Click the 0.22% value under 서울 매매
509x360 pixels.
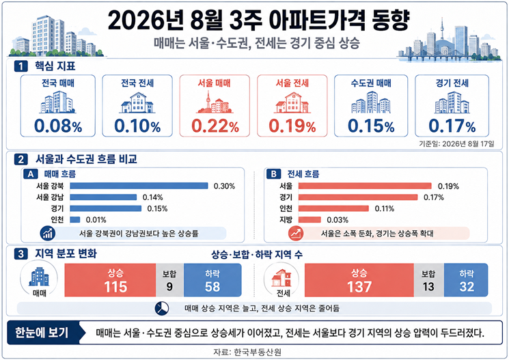tap(215, 126)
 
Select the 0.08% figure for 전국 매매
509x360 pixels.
tap(58, 126)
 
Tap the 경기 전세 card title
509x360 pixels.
tap(452, 83)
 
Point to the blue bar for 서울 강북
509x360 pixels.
tap(139, 186)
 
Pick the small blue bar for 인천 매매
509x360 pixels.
tap(75, 220)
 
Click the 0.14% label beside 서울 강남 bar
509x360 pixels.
tap(152, 197)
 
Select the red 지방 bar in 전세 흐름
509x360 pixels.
tap(309, 220)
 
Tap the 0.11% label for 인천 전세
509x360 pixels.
tap(385, 208)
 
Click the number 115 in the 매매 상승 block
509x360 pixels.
tap(115, 287)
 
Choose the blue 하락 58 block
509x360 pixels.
tap(212, 280)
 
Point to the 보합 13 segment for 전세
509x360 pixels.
tap(428, 280)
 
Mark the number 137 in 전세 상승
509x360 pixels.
tap(359, 287)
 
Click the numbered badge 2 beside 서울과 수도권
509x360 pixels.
tap(20, 159)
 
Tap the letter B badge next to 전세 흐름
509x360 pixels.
tap(274, 174)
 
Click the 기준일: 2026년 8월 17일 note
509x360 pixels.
tap(456, 144)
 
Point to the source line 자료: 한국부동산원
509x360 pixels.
tap(247, 352)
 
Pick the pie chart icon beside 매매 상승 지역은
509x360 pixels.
tap(162, 308)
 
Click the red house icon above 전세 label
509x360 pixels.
tap(281, 278)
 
